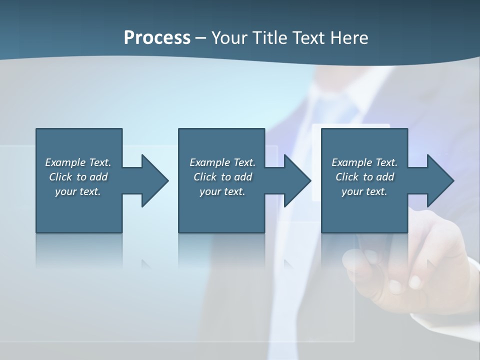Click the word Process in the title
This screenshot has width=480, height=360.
pos(157,38)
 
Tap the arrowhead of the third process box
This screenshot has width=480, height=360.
pos(440,180)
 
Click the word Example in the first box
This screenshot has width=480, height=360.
pos(65,162)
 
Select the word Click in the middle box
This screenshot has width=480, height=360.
pos(204,177)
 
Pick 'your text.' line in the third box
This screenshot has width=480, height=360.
pos(364,191)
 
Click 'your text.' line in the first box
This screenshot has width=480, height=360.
pos(78,191)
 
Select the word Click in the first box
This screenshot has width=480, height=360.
pos(60,177)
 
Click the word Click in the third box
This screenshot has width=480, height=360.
pos(346,177)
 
